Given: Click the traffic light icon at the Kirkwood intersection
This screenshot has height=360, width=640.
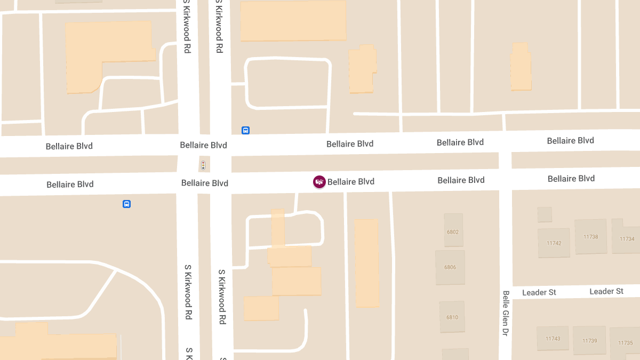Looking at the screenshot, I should click(203, 165).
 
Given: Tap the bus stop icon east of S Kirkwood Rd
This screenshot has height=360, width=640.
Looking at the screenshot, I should click(245, 130).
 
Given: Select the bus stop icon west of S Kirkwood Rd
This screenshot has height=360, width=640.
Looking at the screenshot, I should click(126, 204).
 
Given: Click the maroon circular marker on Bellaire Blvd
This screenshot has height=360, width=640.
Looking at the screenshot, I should click(319, 182).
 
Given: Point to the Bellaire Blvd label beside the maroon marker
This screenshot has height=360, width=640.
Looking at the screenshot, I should click(350, 182).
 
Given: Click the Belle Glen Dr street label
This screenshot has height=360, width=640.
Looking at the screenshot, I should click(506, 313).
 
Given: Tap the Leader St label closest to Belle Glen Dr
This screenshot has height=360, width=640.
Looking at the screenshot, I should click(539, 292).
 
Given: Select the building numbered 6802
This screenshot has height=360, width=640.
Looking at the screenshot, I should click(453, 230).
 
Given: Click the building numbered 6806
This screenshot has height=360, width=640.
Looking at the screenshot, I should click(450, 268).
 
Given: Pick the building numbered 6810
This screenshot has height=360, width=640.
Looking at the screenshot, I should click(452, 317).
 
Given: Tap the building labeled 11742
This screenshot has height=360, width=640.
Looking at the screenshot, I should click(554, 243).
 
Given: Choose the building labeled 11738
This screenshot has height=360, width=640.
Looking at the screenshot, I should click(590, 236).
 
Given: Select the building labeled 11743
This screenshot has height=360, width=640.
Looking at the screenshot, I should click(553, 339).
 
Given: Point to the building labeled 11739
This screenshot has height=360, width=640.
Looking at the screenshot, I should click(589, 341).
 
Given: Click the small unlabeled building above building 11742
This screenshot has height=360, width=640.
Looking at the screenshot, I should click(545, 214).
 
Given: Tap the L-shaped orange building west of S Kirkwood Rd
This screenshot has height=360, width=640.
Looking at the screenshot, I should click(96, 53).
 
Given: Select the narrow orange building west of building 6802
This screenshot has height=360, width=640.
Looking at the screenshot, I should click(367, 263).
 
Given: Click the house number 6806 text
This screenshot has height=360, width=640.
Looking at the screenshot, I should click(450, 268).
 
